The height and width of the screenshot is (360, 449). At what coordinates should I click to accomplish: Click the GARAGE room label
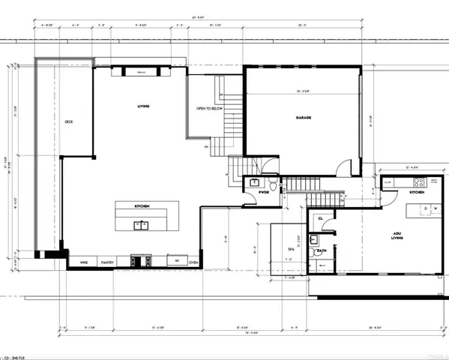tap(303, 118)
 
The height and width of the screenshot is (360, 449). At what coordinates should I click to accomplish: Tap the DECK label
tap(68, 122)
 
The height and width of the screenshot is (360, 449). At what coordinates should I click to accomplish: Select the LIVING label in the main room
tap(143, 106)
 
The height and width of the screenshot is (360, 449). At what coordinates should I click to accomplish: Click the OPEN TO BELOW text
tap(209, 108)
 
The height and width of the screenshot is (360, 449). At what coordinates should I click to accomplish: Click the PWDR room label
tap(264, 192)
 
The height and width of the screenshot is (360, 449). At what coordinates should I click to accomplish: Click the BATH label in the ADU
tap(322, 250)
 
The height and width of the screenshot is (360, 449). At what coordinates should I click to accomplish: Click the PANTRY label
tap(107, 262)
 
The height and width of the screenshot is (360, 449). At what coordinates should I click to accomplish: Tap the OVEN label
tap(193, 262)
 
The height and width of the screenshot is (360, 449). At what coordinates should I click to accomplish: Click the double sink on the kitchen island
tap(140, 224)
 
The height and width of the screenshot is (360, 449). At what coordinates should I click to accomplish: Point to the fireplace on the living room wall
tap(140, 72)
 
